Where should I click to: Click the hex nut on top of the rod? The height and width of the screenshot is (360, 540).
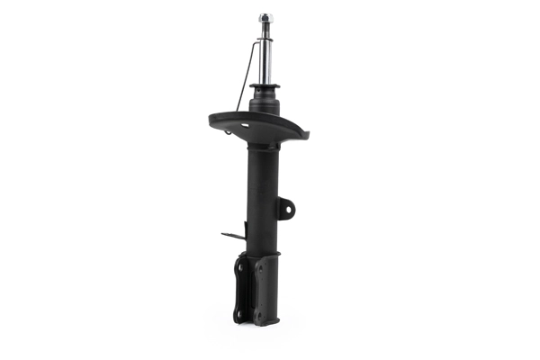click(x=266, y=17)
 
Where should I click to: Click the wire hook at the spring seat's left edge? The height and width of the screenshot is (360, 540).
click(x=229, y=132)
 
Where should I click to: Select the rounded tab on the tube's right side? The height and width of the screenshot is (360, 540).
click(x=285, y=209)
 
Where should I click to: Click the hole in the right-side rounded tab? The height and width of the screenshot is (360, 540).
click(x=288, y=210)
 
